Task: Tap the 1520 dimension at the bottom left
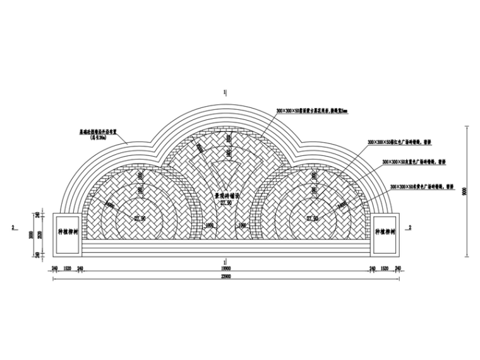pos(67,268)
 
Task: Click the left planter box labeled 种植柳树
pos(67,233)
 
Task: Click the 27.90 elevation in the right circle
pos(313,219)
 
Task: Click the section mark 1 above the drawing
pos(225,93)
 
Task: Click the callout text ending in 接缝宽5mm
pos(312,111)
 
